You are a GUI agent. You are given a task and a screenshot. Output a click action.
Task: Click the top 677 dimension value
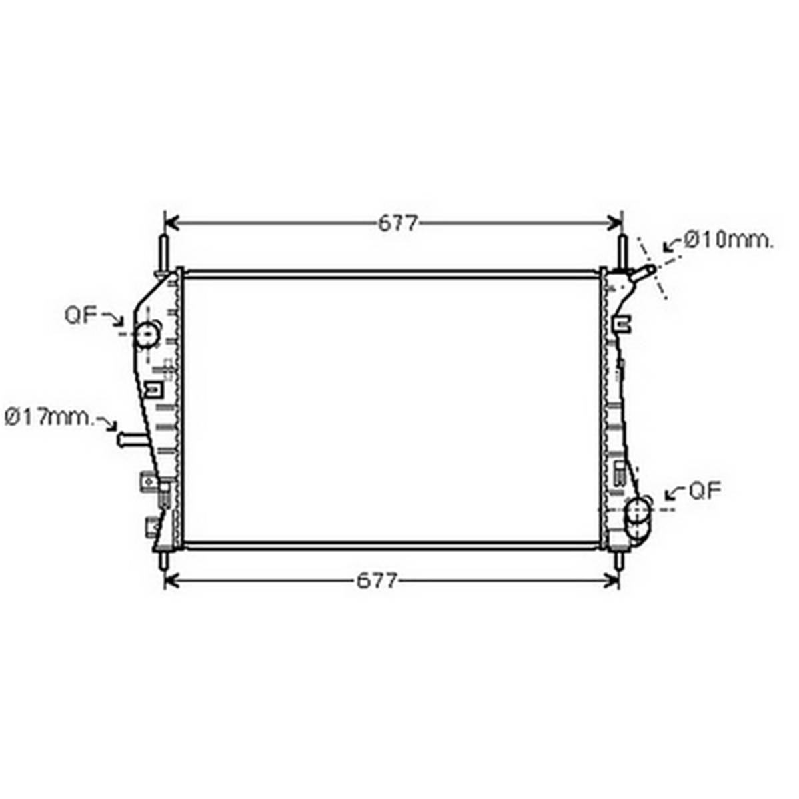398,223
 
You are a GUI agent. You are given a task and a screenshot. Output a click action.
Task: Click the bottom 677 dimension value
377,581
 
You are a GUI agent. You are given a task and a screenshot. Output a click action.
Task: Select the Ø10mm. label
729,240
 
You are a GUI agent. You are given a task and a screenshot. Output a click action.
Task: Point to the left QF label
81,315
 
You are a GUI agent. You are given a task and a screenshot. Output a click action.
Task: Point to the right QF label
705,491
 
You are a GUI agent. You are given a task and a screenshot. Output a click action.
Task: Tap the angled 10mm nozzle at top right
643,273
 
